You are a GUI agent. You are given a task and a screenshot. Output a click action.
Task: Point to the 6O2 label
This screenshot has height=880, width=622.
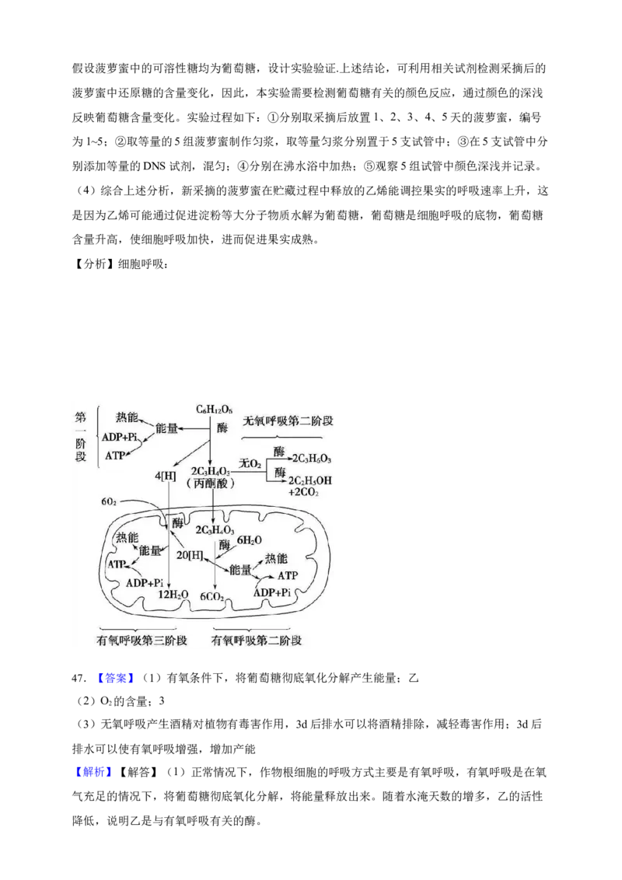tap(109, 502)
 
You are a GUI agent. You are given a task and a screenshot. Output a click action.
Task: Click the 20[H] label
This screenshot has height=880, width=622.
tap(190, 555)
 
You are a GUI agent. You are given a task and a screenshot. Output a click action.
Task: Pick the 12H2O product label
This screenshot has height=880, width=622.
tap(173, 595)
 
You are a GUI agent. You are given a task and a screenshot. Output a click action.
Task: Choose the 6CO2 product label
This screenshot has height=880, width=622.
tap(213, 596)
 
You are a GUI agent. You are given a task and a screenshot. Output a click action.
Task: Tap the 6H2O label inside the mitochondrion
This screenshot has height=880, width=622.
tap(249, 540)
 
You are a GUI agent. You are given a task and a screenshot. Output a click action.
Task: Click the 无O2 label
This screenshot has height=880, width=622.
tap(250, 464)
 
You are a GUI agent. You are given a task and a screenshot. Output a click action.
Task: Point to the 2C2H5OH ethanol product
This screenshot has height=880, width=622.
tap(310, 480)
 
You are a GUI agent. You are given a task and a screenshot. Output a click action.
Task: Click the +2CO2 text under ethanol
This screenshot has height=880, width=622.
tap(305, 492)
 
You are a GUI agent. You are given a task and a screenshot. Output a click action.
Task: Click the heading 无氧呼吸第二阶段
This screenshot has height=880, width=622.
tap(288, 421)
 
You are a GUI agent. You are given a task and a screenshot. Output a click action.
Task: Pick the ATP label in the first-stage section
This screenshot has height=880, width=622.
tap(116, 455)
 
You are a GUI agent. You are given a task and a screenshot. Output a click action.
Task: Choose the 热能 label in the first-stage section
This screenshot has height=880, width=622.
tap(128, 417)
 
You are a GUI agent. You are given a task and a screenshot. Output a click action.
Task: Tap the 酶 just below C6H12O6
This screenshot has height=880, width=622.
tap(223, 428)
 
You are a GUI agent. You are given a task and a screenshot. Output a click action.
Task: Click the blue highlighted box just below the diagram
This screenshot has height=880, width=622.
tap(115, 678)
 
